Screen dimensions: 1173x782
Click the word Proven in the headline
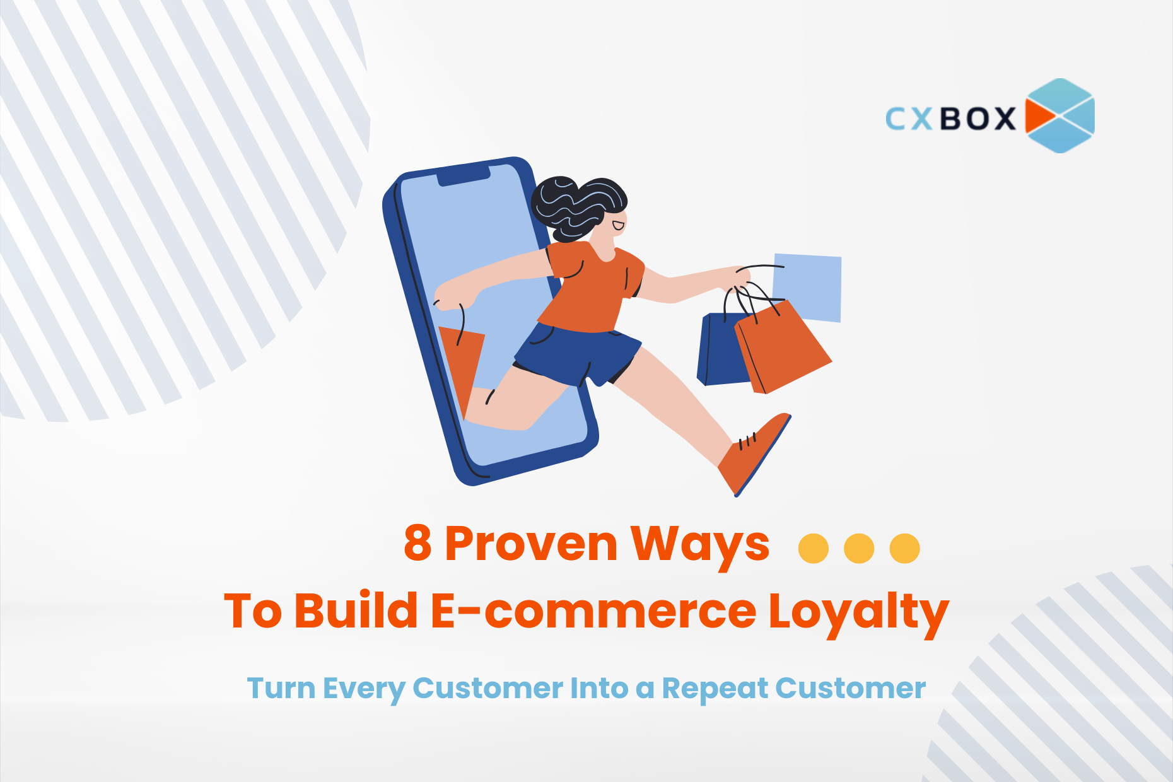(x=531, y=544)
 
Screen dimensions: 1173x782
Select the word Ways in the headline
(x=700, y=545)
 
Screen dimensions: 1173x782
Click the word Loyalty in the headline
(x=859, y=613)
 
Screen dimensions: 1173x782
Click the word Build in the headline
(x=356, y=610)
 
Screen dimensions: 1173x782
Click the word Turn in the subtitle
(x=281, y=688)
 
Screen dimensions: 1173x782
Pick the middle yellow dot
(x=859, y=548)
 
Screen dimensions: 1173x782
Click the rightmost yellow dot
(x=904, y=548)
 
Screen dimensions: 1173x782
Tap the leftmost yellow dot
(x=814, y=548)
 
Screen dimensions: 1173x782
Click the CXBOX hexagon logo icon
(x=1060, y=115)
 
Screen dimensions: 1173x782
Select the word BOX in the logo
(x=978, y=119)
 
